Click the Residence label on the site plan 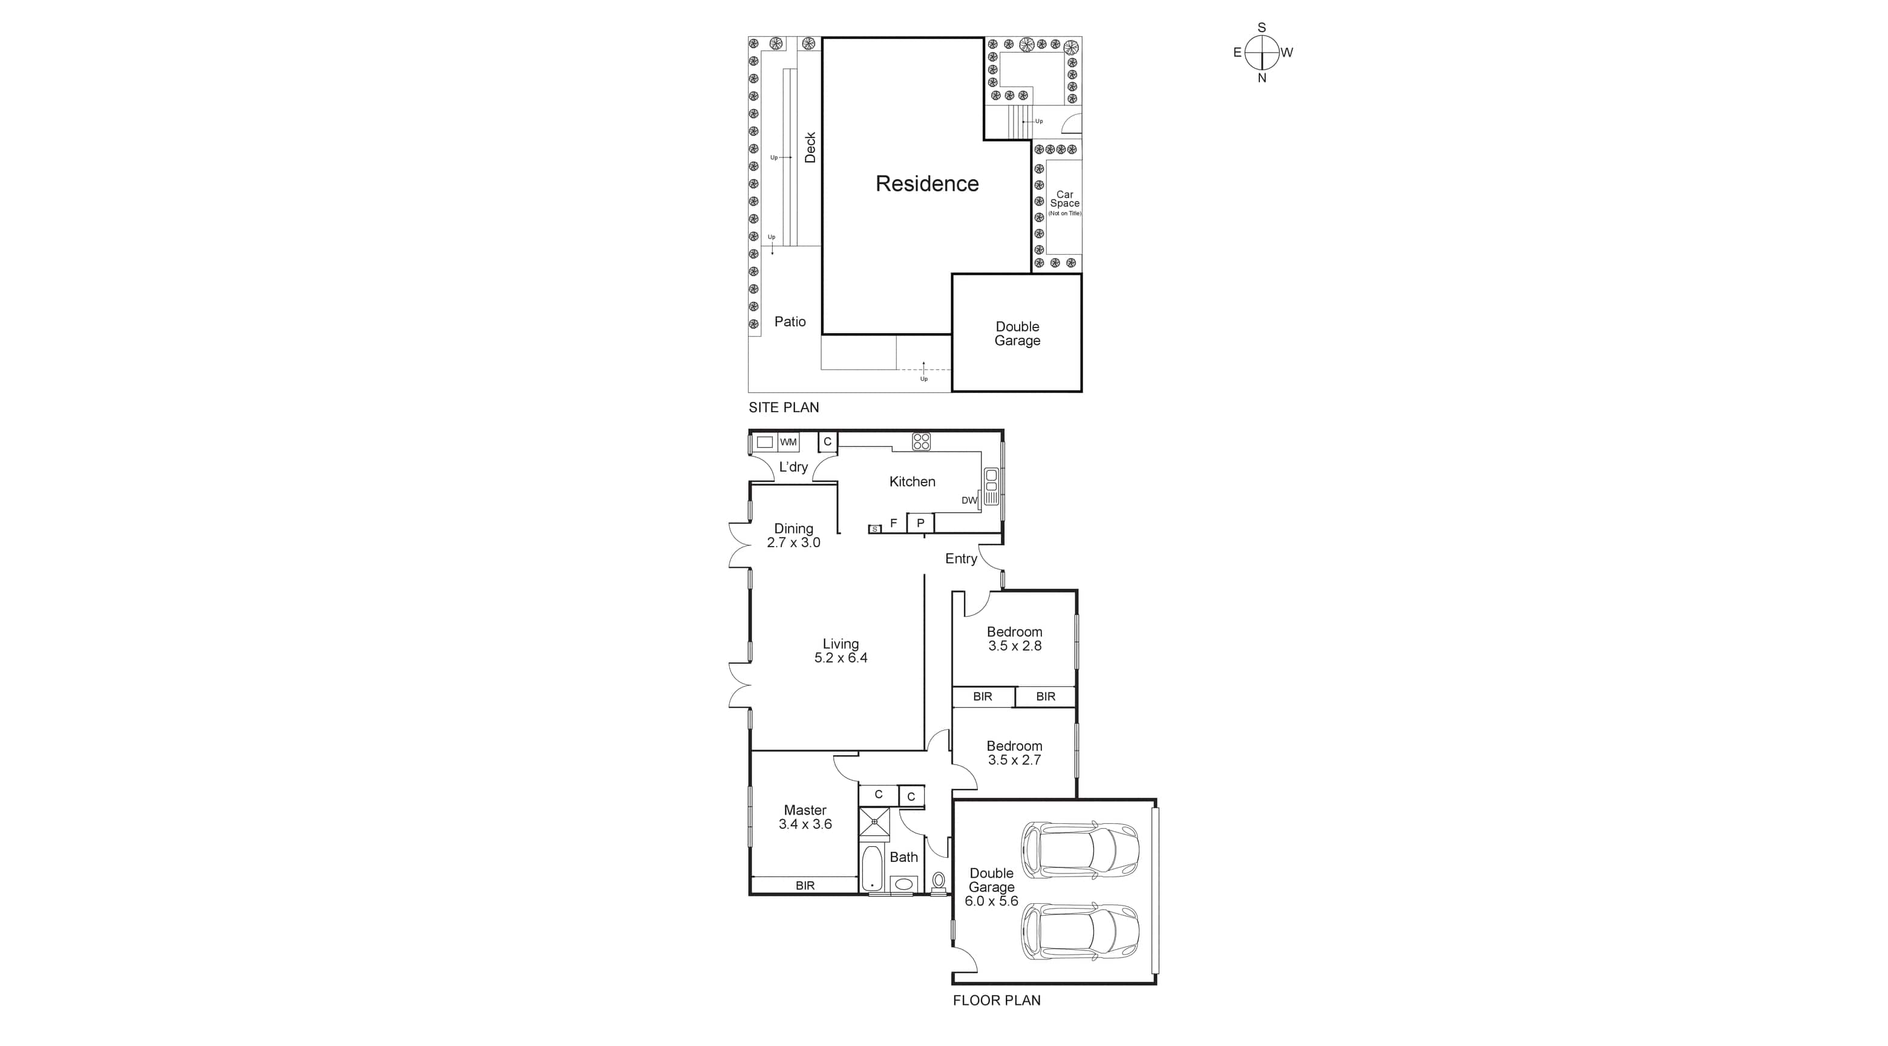(x=926, y=183)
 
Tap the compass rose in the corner (x=1261, y=53)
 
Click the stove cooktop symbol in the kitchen (x=921, y=441)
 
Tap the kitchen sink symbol (x=991, y=486)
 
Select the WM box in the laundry (x=788, y=442)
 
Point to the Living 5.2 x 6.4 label (x=840, y=651)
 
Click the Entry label (x=960, y=559)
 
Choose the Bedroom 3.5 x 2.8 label (x=1014, y=639)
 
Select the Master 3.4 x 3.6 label (x=805, y=817)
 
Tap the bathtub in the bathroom (x=872, y=868)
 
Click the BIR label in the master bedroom (x=805, y=886)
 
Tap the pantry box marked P (x=920, y=522)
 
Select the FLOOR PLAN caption (x=996, y=1000)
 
